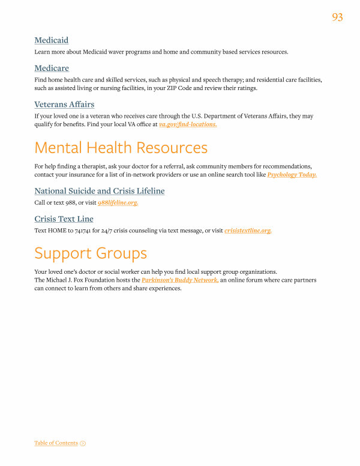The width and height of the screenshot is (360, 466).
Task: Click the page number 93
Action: pyautogui.click(x=337, y=17)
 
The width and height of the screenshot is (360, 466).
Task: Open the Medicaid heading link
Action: pyautogui.click(x=51, y=40)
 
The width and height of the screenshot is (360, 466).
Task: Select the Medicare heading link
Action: pyautogui.click(x=52, y=68)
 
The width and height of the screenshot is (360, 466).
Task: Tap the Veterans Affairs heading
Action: pyautogui.click(x=64, y=104)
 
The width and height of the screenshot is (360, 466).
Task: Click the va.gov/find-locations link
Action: pyautogui.click(x=188, y=124)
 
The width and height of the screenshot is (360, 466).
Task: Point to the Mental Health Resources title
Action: pyautogui.click(x=121, y=148)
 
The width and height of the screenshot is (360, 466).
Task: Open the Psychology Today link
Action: pyautogui.click(x=292, y=174)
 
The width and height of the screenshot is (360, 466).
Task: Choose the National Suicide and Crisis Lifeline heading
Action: pyautogui.click(x=99, y=191)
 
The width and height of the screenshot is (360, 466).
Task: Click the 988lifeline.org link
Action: pyautogui.click(x=118, y=203)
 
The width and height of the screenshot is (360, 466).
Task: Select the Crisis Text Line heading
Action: pyautogui.click(x=64, y=219)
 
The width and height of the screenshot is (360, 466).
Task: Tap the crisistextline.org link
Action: pyautogui.click(x=248, y=231)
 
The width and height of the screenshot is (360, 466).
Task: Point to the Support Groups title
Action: pyautogui.click(x=91, y=253)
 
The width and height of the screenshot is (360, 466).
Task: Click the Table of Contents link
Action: pyautogui.click(x=56, y=443)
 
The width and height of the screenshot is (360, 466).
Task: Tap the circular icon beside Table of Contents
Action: pyautogui.click(x=83, y=443)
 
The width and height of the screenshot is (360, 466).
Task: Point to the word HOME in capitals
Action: pyautogui.click(x=56, y=231)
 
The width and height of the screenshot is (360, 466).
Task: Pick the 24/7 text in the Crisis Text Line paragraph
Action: pyautogui.click(x=106, y=231)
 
